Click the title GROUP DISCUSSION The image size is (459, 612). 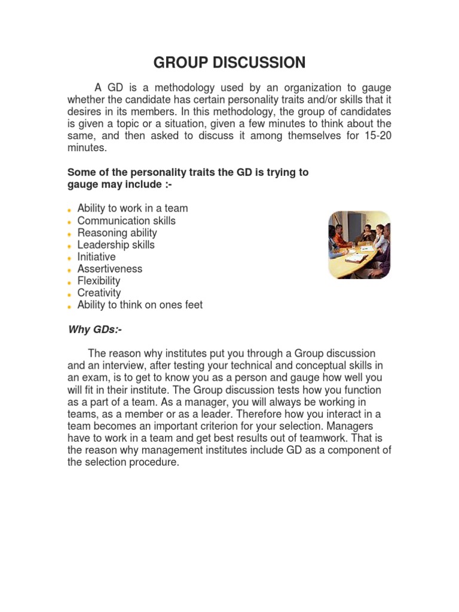point(229,63)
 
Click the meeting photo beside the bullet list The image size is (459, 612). point(359,245)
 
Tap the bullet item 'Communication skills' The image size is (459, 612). point(127,221)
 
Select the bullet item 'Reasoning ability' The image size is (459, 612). point(117,232)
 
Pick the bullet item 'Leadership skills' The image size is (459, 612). point(116,244)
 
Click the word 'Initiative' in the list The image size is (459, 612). point(97,256)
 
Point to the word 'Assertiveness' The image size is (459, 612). point(110,269)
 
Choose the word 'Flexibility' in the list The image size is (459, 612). point(99,281)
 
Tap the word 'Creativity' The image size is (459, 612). point(99,293)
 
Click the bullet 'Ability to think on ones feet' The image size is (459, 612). point(140,305)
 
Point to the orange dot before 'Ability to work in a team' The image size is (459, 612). point(71,210)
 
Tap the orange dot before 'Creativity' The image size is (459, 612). point(71,294)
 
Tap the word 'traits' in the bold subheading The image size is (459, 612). point(198,172)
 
